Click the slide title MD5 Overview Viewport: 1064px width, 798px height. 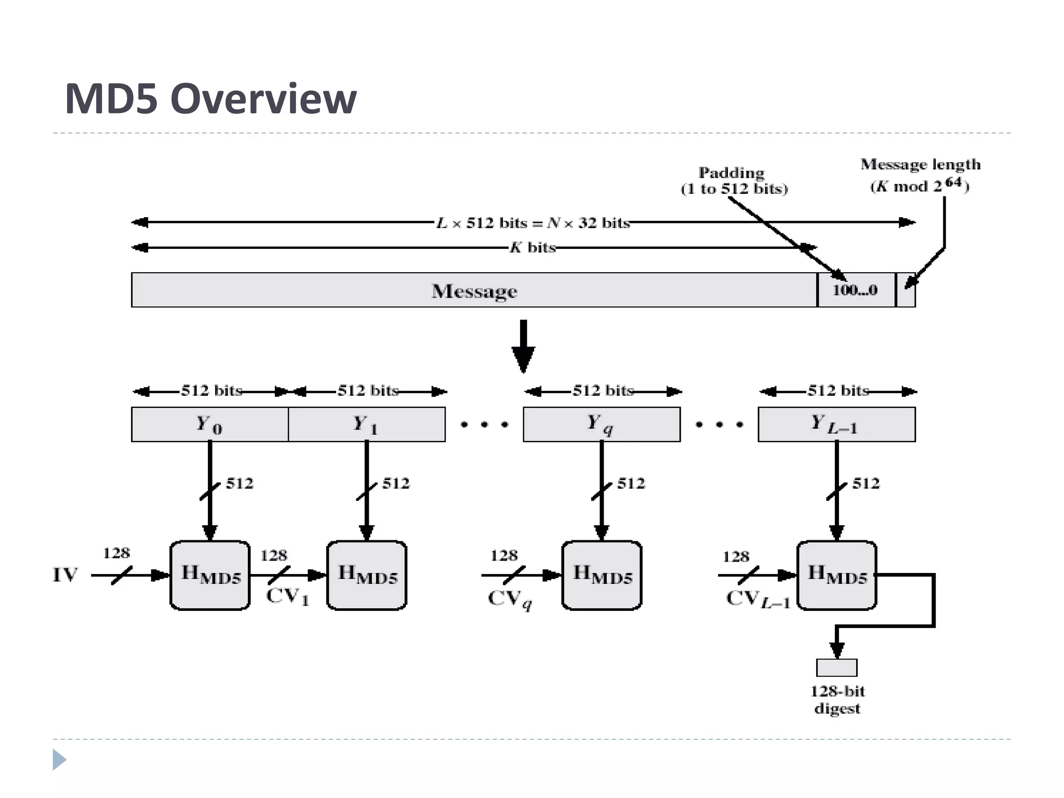coord(210,99)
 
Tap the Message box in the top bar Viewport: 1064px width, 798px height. coord(474,290)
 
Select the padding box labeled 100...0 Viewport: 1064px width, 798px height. coord(856,290)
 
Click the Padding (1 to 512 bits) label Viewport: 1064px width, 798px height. coord(734,180)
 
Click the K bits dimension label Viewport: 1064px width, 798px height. coord(533,247)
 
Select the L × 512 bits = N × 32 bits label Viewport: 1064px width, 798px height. coord(533,223)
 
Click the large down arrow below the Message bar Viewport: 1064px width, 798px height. coord(523,347)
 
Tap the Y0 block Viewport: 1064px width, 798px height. coord(209,424)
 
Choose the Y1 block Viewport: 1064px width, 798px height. coord(366,424)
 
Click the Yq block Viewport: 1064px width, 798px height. coord(601,424)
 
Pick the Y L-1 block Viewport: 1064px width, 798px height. coord(836,424)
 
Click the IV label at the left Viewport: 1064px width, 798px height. coord(65,575)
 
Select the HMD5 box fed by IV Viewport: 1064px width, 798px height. coord(210,575)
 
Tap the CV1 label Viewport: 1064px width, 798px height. coord(287,596)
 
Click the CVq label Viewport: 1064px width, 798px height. coord(510,598)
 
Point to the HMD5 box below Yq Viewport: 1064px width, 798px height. coord(602,575)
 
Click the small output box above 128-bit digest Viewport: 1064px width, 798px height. coord(836,668)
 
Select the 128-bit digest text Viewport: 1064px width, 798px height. coord(837,700)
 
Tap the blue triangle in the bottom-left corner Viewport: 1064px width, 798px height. coord(59,760)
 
